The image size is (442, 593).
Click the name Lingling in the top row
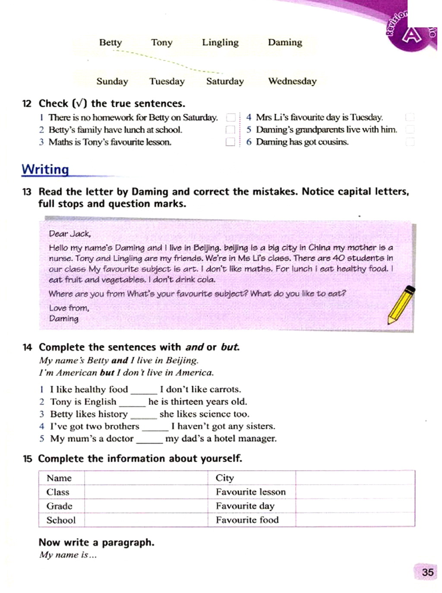(x=220, y=42)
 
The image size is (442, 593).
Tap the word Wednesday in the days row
(x=292, y=81)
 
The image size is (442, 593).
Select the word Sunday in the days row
(x=112, y=81)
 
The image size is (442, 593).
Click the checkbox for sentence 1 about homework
(x=231, y=117)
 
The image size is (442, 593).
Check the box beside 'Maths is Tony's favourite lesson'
(x=230, y=142)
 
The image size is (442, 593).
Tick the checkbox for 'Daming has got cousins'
(x=410, y=142)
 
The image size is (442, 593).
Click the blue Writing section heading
(x=45, y=169)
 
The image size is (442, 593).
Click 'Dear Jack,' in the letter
(x=69, y=234)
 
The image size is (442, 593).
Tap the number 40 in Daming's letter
(x=338, y=258)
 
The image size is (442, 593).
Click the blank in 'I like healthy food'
(x=144, y=390)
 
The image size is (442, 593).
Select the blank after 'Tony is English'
(x=132, y=403)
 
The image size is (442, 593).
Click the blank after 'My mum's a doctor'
(x=149, y=439)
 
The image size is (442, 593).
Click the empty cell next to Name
(x=146, y=478)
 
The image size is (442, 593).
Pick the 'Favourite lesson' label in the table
(x=250, y=492)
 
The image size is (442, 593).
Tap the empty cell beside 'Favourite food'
(x=355, y=520)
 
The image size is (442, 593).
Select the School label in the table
(x=61, y=520)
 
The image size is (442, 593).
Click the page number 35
(x=427, y=572)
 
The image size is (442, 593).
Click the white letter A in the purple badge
(x=411, y=35)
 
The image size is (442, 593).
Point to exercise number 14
(x=27, y=347)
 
